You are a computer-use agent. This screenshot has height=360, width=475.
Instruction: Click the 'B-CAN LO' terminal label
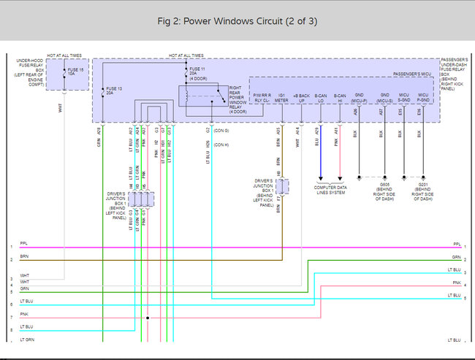click(x=320, y=98)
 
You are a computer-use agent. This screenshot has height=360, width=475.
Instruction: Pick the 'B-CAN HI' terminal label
click(x=340, y=98)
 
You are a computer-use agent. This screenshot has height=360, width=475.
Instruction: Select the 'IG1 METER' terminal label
click(x=281, y=98)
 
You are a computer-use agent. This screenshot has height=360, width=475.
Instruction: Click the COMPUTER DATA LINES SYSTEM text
click(x=330, y=190)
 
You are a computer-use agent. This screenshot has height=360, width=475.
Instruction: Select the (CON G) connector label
click(x=221, y=130)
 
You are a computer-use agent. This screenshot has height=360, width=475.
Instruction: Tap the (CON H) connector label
click(x=221, y=145)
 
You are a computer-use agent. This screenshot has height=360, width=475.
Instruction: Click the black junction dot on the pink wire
click(x=147, y=318)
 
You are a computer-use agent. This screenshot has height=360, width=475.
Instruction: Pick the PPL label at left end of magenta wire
click(x=23, y=244)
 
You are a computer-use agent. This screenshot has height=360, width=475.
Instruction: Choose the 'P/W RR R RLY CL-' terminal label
click(x=262, y=98)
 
